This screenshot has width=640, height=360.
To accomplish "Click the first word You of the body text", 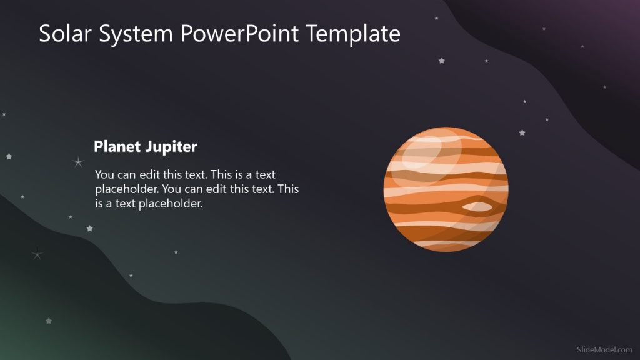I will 104,175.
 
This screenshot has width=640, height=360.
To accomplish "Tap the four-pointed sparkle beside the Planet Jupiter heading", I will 78,162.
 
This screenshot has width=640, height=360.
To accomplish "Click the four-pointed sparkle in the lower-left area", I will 37,254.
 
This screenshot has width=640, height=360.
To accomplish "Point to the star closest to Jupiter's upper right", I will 522,132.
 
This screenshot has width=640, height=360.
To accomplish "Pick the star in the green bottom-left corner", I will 49,321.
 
